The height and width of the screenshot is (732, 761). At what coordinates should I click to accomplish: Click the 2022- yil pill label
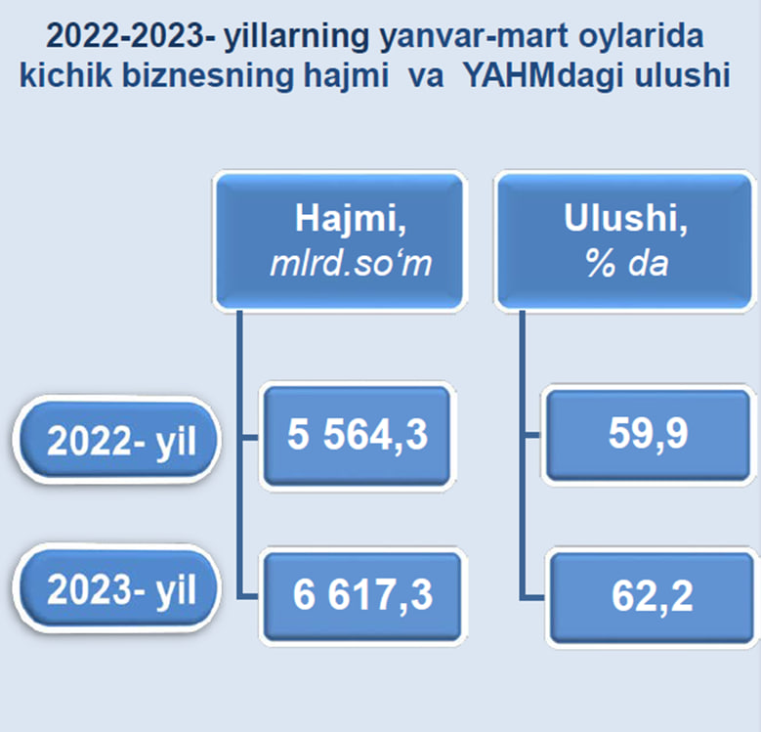(117, 439)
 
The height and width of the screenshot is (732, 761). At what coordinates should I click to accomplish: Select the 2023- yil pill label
(117, 588)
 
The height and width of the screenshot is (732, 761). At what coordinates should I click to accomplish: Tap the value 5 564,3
(358, 436)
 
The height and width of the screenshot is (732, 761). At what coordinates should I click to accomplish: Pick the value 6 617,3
(362, 595)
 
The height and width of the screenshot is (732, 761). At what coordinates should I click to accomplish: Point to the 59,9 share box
(649, 435)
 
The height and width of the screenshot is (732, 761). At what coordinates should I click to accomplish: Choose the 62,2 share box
(653, 597)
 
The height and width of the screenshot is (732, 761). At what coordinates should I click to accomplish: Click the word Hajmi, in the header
(351, 220)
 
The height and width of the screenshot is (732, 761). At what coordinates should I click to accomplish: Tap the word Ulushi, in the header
(625, 219)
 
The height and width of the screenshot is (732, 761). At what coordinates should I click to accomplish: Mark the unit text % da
(626, 263)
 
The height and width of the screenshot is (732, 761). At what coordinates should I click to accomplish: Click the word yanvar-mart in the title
(473, 37)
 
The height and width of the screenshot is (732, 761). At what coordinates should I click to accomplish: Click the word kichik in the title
(65, 75)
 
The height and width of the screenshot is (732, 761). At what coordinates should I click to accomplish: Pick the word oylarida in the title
(641, 37)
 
